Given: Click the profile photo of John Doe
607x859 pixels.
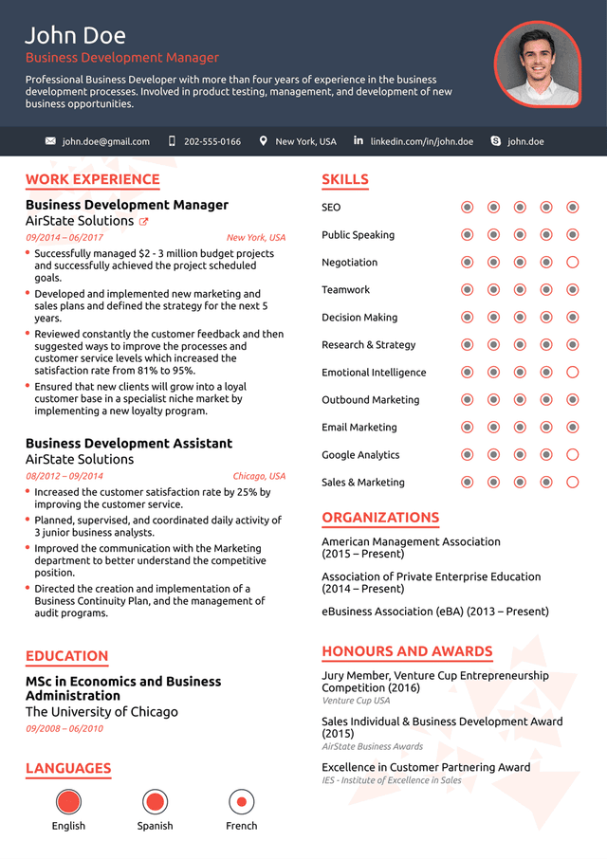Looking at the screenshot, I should (537, 64).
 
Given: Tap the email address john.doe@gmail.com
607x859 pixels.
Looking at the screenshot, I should (106, 141).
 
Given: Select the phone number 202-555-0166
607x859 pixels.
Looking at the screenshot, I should (212, 141).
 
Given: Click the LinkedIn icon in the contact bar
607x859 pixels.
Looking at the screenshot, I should (359, 140).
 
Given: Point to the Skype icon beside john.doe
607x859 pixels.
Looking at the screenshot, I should (495, 141).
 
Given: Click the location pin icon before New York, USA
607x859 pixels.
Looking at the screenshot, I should (264, 141).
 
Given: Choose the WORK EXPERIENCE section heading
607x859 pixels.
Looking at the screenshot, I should (92, 179).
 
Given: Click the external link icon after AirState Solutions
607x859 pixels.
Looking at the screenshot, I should (144, 222).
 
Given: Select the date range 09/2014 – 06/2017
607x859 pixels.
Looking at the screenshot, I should (64, 238).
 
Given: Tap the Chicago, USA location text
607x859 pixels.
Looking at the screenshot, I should (259, 476).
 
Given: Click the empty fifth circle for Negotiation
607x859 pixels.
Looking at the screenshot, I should (572, 263).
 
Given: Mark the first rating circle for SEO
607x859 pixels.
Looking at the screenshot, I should (467, 208).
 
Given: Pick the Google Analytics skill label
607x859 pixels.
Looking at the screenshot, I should (360, 455).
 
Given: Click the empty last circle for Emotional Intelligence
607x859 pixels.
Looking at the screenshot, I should (572, 373).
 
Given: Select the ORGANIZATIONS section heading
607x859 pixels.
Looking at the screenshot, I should (380, 518).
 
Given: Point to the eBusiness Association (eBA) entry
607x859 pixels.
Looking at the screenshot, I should (434, 612).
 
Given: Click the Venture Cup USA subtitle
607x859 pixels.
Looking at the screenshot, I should (356, 701).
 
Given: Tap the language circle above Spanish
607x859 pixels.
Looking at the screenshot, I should (155, 802).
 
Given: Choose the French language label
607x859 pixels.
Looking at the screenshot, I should (242, 826).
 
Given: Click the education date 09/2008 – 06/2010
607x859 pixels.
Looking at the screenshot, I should (64, 728).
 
